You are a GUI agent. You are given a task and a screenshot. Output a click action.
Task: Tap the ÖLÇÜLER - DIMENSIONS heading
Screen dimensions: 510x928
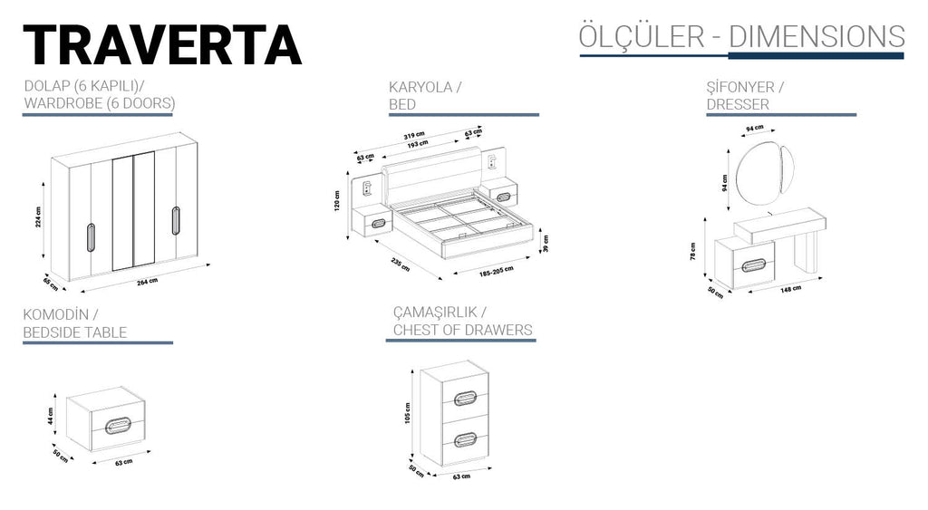(x=741, y=36)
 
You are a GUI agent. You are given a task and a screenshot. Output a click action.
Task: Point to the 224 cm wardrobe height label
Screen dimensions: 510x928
(x=40, y=215)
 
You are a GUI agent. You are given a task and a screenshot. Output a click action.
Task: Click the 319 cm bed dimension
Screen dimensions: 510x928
(x=415, y=136)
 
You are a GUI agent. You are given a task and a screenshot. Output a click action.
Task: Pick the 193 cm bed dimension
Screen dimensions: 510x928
(x=417, y=144)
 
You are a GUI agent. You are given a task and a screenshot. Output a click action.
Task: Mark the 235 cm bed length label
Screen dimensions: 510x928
(x=400, y=267)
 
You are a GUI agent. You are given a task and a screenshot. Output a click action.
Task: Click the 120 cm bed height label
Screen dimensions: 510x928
(x=336, y=197)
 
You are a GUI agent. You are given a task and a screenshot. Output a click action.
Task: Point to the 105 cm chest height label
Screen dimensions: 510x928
(x=409, y=412)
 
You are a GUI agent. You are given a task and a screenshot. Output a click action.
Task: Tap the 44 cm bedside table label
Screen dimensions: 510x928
(x=53, y=416)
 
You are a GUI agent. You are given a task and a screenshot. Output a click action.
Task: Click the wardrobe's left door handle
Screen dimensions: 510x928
(x=90, y=235)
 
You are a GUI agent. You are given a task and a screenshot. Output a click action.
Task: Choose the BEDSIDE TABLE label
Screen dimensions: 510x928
(x=75, y=332)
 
